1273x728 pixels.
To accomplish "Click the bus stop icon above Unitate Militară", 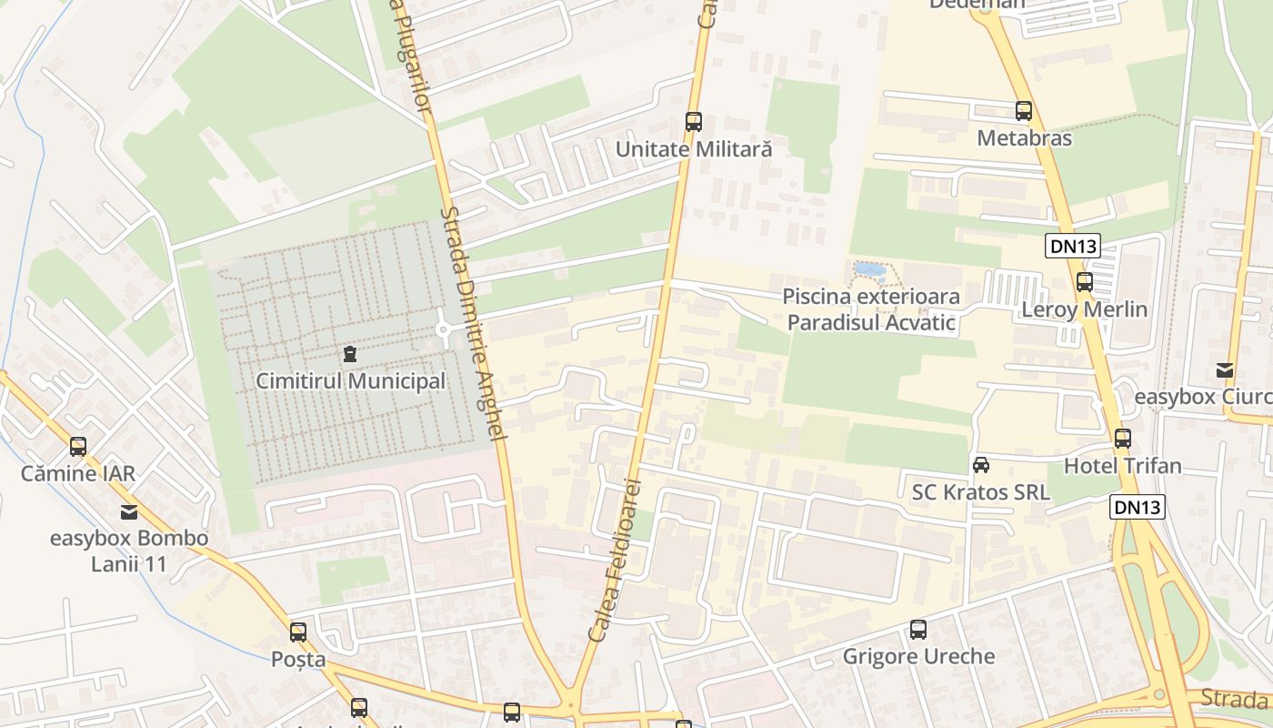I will (694, 121).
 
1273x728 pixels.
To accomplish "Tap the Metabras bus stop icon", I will (1024, 111).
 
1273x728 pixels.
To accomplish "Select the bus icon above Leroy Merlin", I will (1084, 281).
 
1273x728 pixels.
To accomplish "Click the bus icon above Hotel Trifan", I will (1123, 439).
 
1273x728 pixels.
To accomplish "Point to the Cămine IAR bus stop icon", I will (78, 446).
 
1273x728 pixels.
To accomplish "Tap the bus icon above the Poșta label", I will (298, 632).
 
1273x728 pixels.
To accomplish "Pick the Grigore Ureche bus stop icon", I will (918, 629).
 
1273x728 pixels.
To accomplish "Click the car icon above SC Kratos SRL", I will (981, 465).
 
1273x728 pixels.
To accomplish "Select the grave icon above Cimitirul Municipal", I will (350, 353).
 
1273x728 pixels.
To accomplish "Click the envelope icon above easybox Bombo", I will (128, 511).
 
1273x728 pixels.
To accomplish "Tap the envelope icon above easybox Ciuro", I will (1225, 370).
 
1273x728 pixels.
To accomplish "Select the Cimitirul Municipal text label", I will (351, 381).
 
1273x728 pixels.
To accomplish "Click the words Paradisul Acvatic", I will (871, 322).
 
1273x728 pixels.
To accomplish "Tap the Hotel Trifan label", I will (1123, 466).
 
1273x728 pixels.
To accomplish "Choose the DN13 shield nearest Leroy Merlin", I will (1073, 245).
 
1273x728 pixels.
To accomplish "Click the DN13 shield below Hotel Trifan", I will (1138, 507).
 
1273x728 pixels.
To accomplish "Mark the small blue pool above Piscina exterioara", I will (868, 270).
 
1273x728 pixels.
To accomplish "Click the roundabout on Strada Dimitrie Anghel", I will (445, 329).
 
